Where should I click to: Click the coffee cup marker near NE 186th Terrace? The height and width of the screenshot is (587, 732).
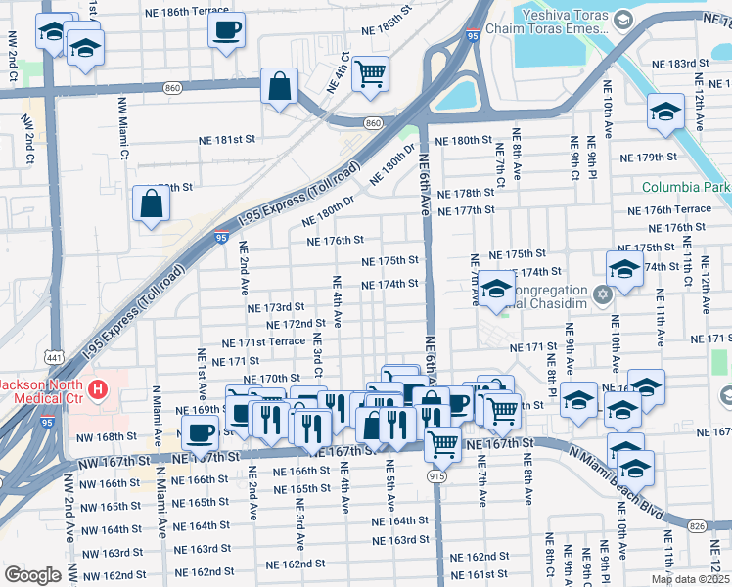coord(227,29)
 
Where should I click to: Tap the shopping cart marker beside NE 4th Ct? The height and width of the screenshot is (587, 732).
coord(371,73)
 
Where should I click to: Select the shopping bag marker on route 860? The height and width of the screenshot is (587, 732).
coord(280,86)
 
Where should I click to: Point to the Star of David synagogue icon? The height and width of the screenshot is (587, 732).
coord(603,293)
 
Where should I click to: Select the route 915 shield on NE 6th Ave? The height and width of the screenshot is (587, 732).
coord(435,474)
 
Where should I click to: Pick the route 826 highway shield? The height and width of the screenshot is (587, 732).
coord(696,526)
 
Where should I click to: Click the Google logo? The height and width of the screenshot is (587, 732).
coord(32,575)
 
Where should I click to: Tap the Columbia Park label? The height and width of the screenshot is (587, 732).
coord(686,187)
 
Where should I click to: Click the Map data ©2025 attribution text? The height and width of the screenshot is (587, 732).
coord(689,579)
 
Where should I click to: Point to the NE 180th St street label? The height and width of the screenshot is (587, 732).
coord(464,141)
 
